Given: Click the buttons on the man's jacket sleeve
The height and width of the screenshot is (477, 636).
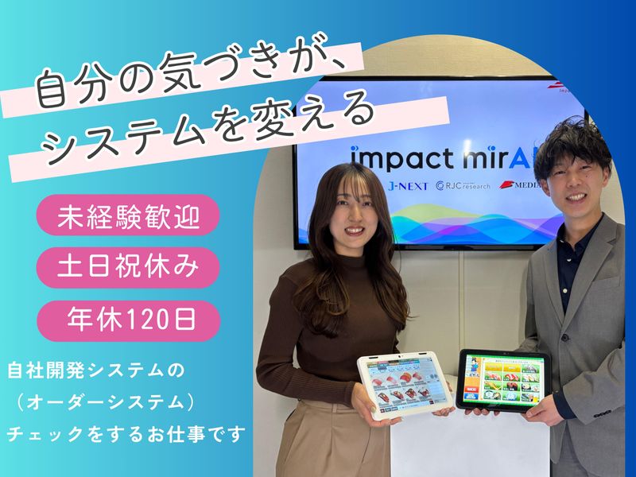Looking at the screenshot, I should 605,414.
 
